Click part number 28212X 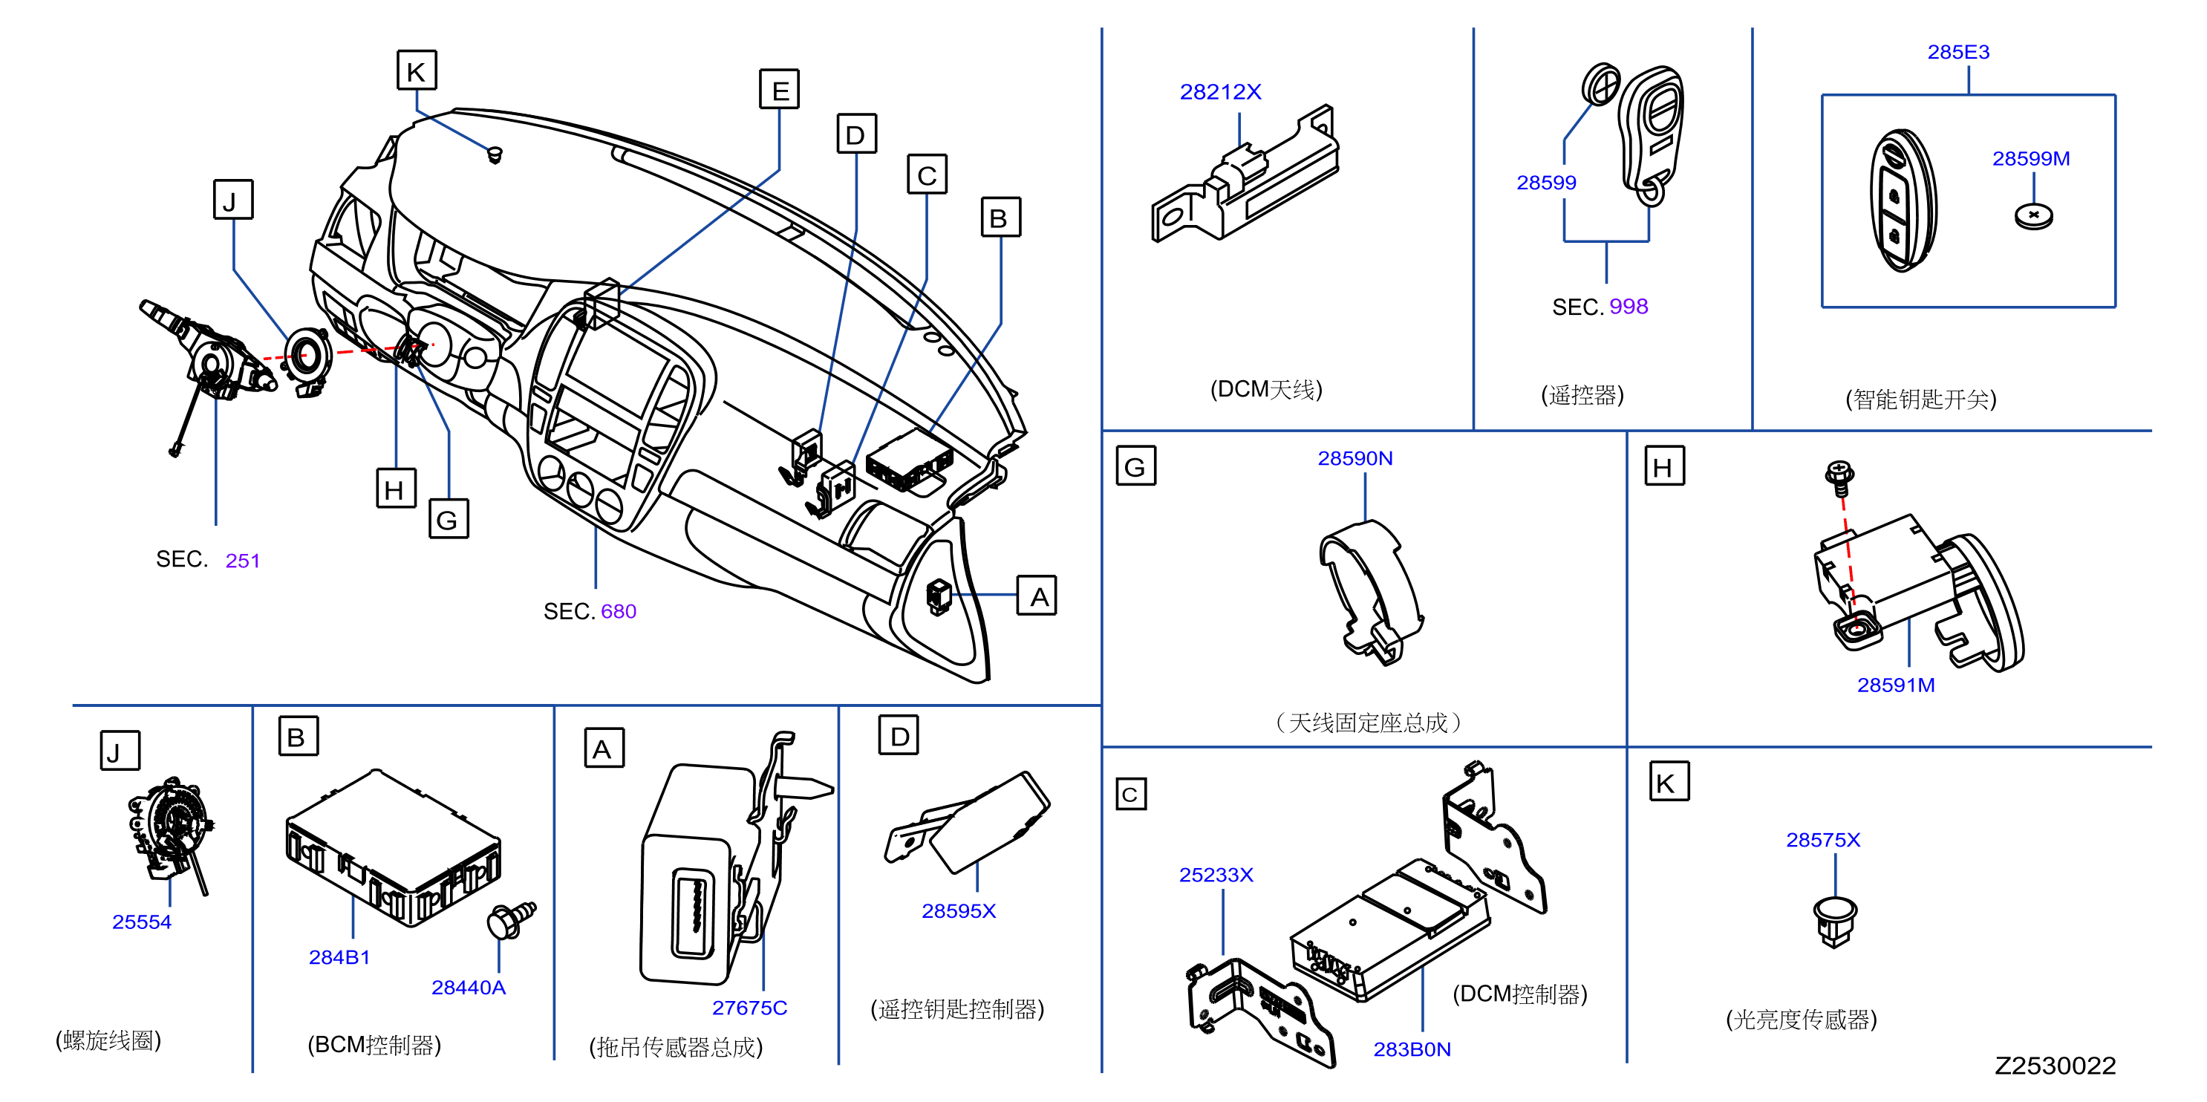[1220, 91]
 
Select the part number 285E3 [1958, 52]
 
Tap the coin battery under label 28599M [2033, 216]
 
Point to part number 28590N [1355, 458]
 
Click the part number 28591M [1896, 685]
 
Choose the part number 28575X [1823, 840]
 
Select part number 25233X [1216, 875]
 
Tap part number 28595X [959, 911]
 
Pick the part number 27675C [750, 1008]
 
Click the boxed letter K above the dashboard [417, 71]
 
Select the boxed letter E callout [780, 89]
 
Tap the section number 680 [619, 611]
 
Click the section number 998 [1629, 306]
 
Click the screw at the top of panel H [1839, 478]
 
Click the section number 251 [243, 561]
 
